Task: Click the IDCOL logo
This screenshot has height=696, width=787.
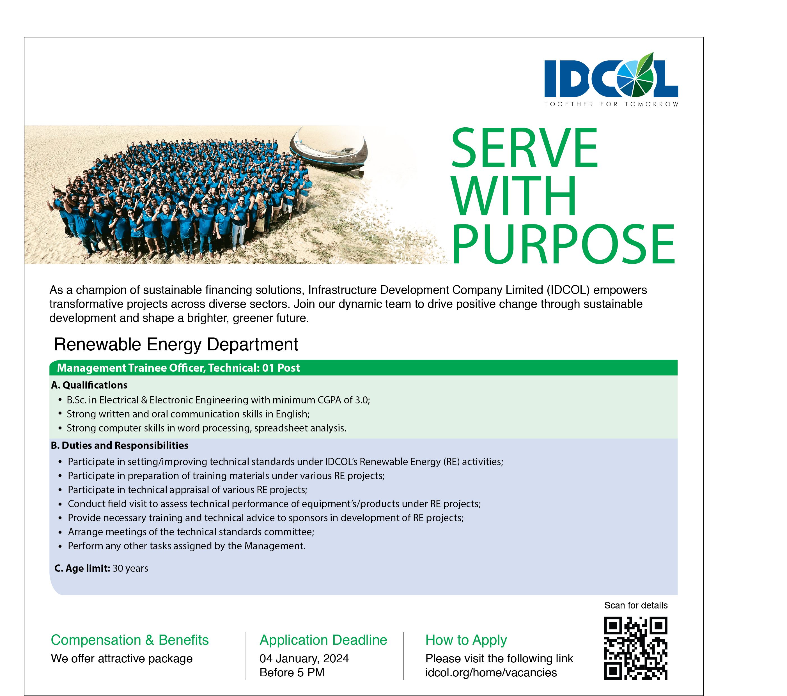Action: point(611,79)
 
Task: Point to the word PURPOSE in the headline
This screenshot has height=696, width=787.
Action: point(563,244)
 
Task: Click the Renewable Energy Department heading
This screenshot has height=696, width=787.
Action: point(176,344)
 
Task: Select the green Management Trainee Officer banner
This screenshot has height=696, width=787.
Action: point(363,367)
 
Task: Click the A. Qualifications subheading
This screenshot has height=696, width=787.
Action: point(89,385)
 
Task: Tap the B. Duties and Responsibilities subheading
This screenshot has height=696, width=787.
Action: point(120,445)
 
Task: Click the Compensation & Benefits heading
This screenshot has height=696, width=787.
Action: point(130,640)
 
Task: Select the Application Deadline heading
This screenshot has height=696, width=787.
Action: point(323,640)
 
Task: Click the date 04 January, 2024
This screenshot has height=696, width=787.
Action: point(304,659)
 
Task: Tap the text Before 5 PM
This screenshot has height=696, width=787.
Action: point(292,672)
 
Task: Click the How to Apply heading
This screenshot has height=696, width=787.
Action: point(466,640)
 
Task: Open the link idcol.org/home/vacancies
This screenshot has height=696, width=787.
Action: point(491,672)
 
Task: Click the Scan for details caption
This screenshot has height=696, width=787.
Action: point(636,605)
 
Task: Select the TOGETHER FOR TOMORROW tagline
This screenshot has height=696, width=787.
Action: point(611,104)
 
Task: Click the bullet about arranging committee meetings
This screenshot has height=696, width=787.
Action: point(191,532)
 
